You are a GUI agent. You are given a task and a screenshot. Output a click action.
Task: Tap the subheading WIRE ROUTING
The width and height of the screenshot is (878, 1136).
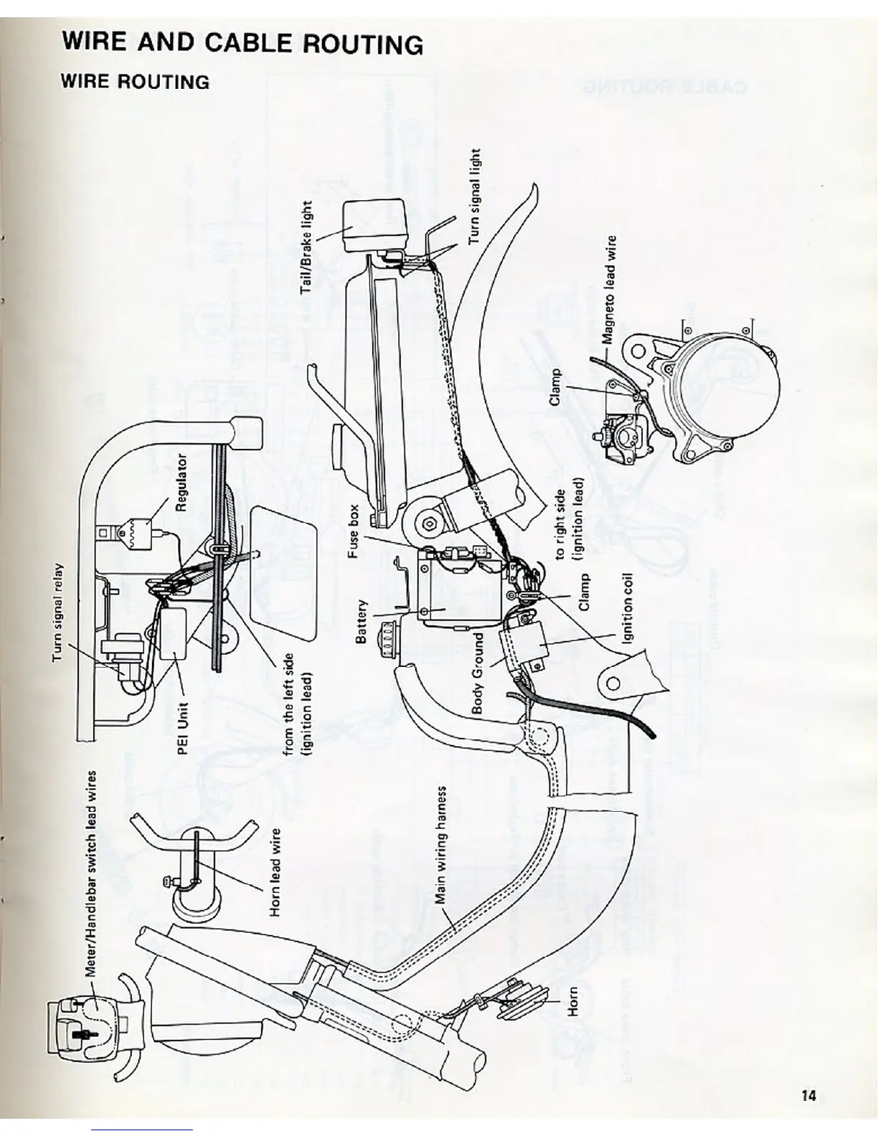click(136, 81)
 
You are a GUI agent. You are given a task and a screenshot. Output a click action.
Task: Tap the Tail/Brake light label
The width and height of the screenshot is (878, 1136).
click(306, 247)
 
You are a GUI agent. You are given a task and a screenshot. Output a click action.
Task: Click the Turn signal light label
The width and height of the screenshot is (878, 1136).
click(474, 197)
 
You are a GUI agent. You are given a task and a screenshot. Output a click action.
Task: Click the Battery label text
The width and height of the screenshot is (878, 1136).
click(362, 621)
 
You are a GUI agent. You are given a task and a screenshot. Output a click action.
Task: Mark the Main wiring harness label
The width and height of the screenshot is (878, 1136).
click(443, 843)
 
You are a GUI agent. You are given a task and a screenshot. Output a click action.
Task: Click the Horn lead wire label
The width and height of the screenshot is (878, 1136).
click(275, 872)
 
